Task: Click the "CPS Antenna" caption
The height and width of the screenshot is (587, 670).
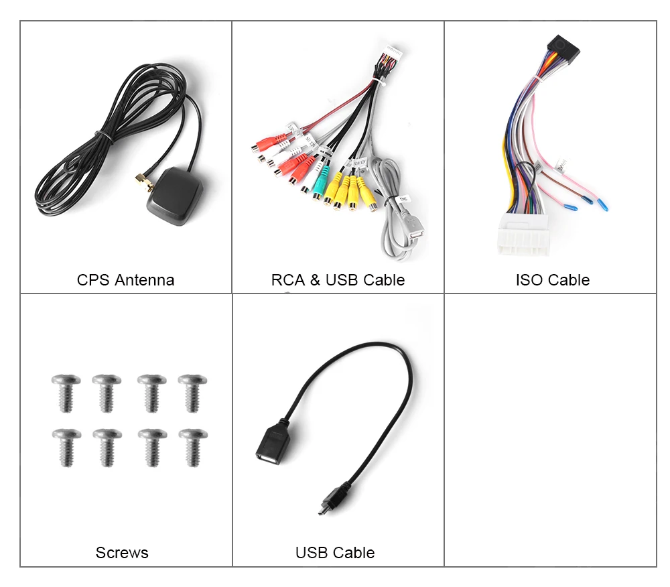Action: click(x=125, y=279)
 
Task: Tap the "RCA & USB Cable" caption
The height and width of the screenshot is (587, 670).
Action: click(x=338, y=279)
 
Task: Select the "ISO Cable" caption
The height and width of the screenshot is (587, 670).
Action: click(x=552, y=279)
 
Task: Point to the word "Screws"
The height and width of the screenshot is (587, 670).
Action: click(x=122, y=553)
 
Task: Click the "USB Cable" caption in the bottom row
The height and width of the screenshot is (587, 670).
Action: click(x=335, y=553)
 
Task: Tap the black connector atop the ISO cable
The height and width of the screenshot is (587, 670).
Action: click(x=562, y=45)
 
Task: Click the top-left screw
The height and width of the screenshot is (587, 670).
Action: click(x=66, y=392)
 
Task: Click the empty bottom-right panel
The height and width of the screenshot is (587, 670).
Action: click(x=550, y=429)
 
